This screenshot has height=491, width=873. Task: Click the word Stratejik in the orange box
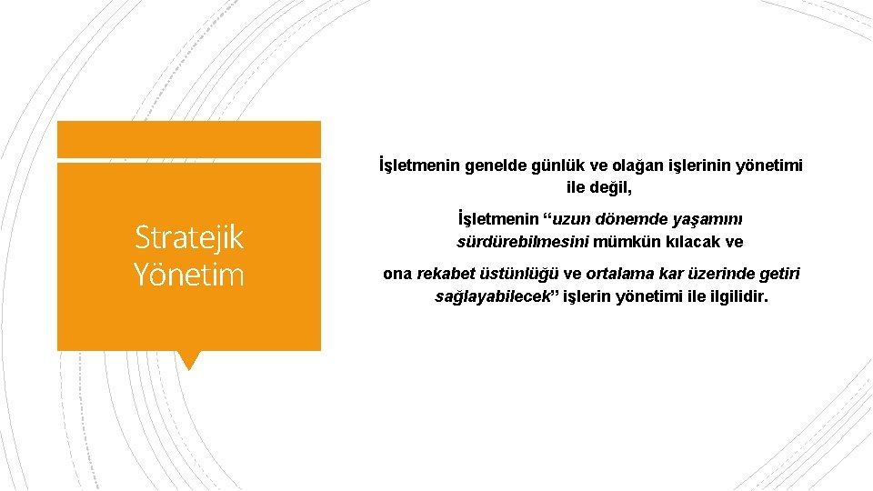189,237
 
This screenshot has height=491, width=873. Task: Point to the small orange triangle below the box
189,360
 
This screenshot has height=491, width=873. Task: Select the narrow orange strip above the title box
189,139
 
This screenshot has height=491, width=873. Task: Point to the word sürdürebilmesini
523,243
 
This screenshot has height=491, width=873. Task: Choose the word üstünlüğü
522,274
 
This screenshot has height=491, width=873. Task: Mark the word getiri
779,274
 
